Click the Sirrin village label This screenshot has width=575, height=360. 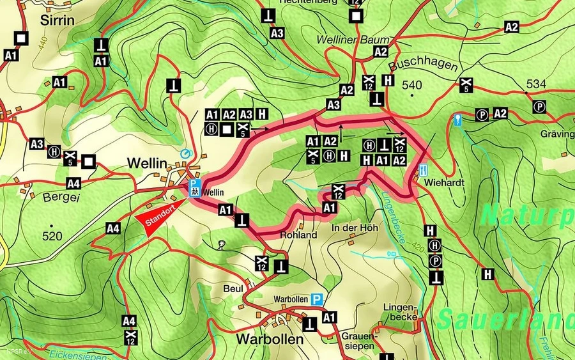(x=57, y=20)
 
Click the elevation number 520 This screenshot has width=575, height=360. (x=52, y=237)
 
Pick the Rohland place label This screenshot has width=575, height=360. (x=298, y=235)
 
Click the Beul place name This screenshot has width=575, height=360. (x=233, y=289)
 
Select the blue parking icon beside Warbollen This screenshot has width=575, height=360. (x=317, y=299)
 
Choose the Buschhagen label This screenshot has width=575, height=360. (x=413, y=66)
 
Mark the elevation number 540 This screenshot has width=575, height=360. (x=412, y=85)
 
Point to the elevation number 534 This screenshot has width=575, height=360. (x=537, y=84)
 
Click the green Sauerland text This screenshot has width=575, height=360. (x=505, y=319)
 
